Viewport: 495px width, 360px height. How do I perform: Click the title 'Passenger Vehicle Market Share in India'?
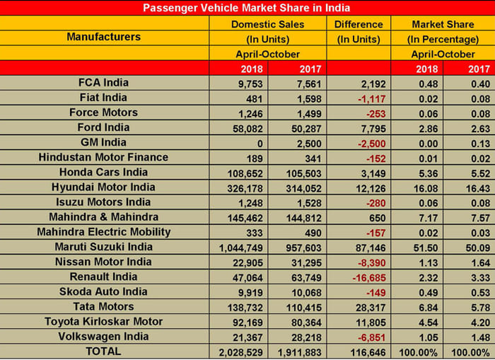(x=247, y=8)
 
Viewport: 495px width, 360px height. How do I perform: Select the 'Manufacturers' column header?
(x=103, y=37)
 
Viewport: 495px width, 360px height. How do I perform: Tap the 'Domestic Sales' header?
(x=268, y=24)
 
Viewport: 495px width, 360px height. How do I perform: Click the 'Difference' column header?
(x=359, y=24)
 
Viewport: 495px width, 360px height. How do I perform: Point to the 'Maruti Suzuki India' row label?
(x=103, y=247)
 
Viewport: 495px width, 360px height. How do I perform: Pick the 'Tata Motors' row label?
(x=103, y=306)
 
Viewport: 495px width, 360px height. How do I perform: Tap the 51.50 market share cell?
(x=421, y=248)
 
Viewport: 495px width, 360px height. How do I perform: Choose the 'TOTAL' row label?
(x=103, y=351)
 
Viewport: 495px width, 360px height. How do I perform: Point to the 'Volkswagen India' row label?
(x=103, y=336)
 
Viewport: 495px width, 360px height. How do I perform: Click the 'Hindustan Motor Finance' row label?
(x=103, y=157)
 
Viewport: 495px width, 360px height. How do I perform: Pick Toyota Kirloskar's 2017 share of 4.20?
(x=469, y=322)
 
